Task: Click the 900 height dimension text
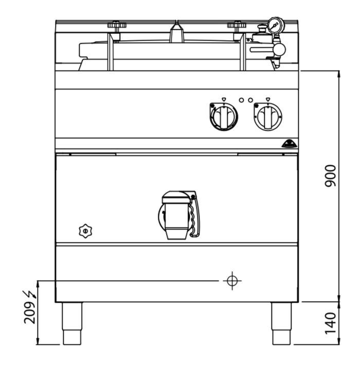tap(330, 176)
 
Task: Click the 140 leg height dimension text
tap(330, 323)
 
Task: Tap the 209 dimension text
tap(30, 313)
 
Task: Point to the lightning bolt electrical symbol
tap(30, 294)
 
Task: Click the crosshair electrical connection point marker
tap(232, 281)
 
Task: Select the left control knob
tap(224, 116)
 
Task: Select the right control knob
tap(268, 116)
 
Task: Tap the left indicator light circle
tap(241, 100)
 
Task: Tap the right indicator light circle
tap(250, 100)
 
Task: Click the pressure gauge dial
tap(276, 25)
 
